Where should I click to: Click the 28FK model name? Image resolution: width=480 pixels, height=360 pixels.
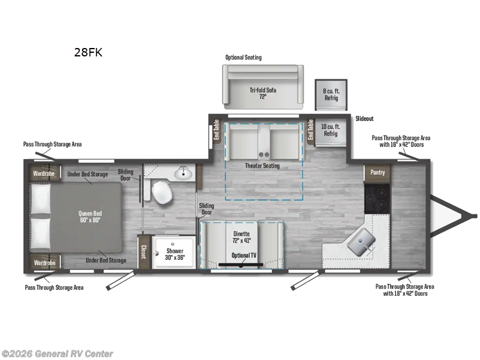tap(88, 52)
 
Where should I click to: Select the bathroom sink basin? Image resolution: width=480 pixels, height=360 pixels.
tap(182, 173)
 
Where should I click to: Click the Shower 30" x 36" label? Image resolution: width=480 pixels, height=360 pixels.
tap(175, 254)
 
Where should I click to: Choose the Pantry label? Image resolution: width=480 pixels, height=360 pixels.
tap(377, 172)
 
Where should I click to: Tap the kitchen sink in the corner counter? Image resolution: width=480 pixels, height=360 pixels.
tap(363, 241)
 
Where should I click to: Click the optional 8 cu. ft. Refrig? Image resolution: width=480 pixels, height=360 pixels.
tap(331, 94)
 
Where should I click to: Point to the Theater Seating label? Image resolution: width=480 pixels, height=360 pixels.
tap(262, 166)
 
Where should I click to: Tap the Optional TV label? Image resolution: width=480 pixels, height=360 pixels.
tap(244, 256)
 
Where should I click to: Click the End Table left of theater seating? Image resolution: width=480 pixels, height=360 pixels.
tap(217, 130)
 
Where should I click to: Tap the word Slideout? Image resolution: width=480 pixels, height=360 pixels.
tap(364, 119)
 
